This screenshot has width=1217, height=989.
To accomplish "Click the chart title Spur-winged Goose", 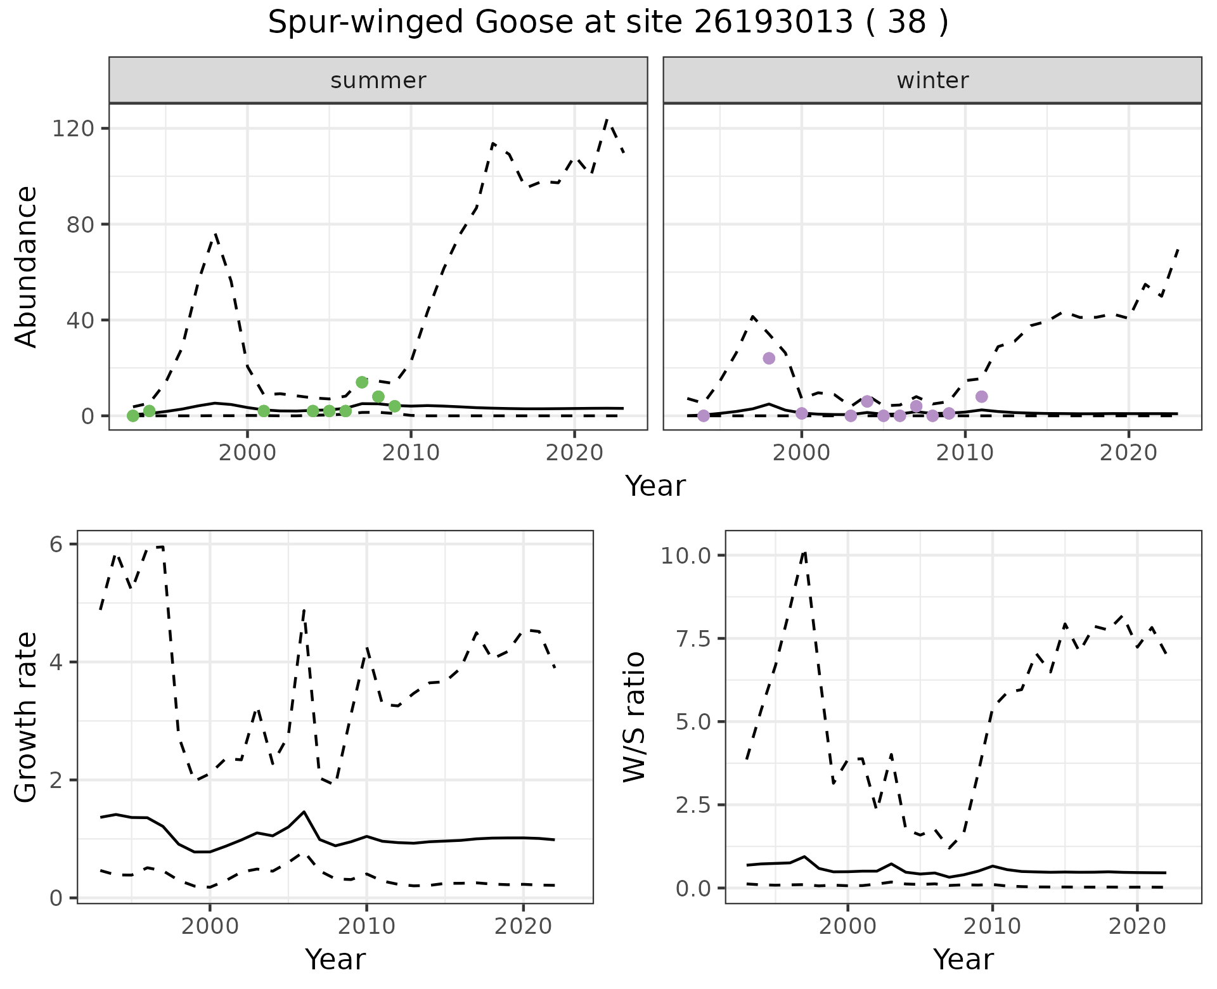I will (608, 23).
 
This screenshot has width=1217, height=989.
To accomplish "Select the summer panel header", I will (378, 81).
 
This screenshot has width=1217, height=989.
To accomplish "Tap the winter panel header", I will (932, 81).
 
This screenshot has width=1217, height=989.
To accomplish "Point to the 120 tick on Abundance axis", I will (72, 129).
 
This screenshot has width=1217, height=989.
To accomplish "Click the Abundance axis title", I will (27, 267).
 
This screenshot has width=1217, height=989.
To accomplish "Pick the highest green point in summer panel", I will (362, 382).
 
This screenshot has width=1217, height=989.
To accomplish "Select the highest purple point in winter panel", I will (769, 358).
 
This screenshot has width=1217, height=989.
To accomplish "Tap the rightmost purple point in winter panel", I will (981, 397).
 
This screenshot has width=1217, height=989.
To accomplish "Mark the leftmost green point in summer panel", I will (133, 416).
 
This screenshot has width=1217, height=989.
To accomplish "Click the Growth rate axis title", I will (27, 718).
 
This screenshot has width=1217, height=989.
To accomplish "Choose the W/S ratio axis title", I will (634, 717).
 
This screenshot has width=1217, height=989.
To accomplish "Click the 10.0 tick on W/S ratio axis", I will (687, 556).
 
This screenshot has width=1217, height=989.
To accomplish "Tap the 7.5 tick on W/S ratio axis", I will (693, 639).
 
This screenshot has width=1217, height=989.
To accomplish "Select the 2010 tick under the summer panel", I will (411, 454).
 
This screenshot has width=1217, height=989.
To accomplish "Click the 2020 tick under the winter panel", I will (1128, 454).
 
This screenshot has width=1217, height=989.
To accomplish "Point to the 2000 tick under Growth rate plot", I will (210, 927).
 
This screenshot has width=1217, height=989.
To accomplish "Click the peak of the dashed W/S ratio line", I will (804, 552).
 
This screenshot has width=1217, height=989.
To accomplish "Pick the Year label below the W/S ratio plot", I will (963, 960).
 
